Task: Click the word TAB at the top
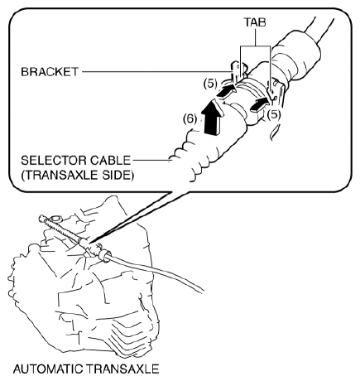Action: pos(255,22)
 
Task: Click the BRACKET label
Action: pos(50,72)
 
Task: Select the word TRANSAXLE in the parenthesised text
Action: pos(60,176)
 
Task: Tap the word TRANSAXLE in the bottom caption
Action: pos(122,369)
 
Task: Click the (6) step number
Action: pos(190,119)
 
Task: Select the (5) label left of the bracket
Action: pos(210,84)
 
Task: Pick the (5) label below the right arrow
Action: pos(274,114)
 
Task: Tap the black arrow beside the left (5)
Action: pos(226,92)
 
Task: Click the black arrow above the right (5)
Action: pos(259,105)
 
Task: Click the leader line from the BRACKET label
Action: pos(158,72)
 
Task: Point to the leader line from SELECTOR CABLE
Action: pos(151,160)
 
